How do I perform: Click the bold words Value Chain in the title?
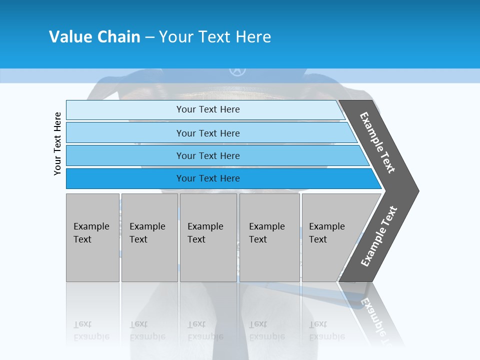94,37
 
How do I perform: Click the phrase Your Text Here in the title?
215,37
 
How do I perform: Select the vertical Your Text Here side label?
57,143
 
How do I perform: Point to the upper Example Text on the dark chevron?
377,142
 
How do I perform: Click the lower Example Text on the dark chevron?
379,236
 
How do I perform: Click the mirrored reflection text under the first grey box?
91,330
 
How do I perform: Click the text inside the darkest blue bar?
208,178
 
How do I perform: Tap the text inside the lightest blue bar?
208,109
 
